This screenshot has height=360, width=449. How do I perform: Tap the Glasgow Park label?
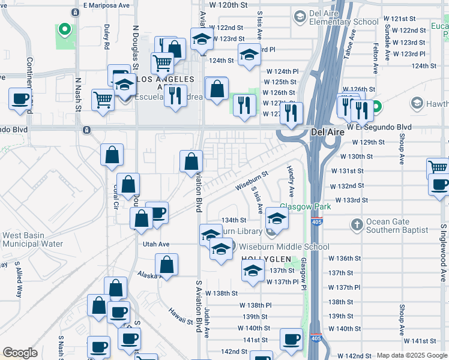click(306, 206)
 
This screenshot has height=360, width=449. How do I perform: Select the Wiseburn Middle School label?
click(284, 247)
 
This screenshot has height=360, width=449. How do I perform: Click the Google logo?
click(20, 353)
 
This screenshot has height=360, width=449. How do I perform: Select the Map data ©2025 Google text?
click(411, 355)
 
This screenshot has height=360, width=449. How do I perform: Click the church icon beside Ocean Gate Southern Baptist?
click(357, 224)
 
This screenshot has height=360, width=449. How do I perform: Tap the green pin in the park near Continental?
click(64, 29)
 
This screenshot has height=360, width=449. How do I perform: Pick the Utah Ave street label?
click(156, 244)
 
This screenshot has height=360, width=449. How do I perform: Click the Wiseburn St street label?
click(251, 179)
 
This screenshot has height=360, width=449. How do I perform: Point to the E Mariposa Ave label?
click(107, 5)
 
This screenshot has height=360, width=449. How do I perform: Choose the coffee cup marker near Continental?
click(20, 99)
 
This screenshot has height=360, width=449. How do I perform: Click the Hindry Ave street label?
click(291, 181)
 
